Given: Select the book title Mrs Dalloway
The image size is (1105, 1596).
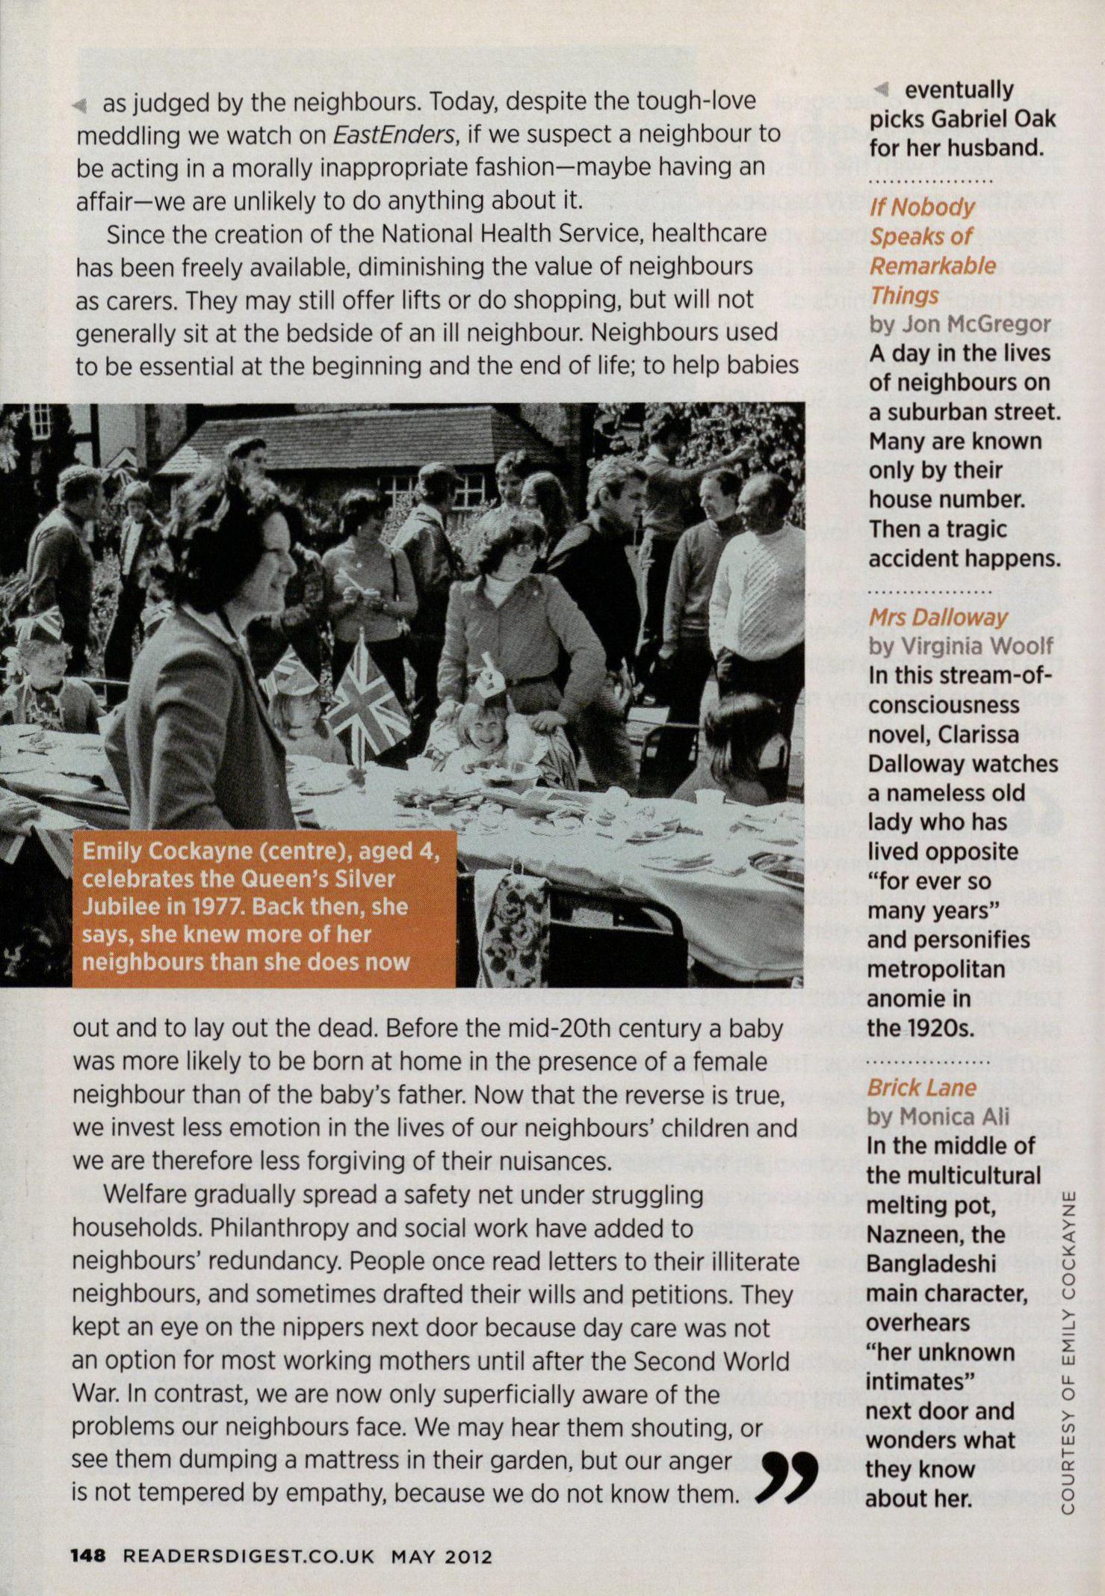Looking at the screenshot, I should [938, 617].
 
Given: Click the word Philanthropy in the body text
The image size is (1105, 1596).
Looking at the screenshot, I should [277, 1228].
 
